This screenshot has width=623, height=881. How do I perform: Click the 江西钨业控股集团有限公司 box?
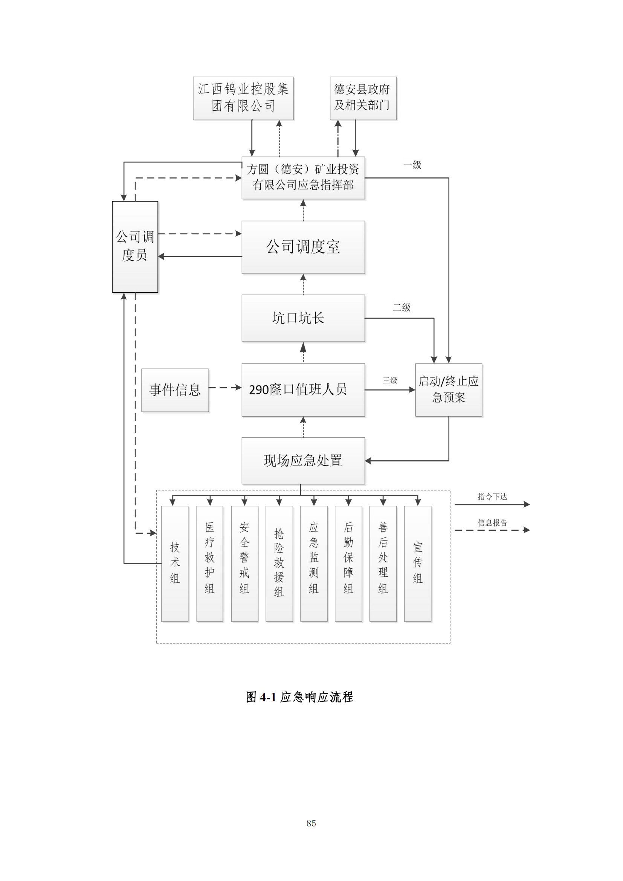(243, 98)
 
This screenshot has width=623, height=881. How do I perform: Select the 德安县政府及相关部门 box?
(363, 98)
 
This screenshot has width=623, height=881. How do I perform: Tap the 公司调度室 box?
(303, 247)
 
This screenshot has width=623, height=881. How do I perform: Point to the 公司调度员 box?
(135, 247)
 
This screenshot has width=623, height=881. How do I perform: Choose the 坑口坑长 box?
(303, 318)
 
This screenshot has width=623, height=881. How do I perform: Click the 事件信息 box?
(175, 390)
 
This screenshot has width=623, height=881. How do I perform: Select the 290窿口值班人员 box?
(303, 390)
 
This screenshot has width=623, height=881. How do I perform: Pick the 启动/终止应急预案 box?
(449, 390)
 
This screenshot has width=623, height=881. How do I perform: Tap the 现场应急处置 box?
(303, 460)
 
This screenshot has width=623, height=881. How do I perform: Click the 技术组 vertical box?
(174, 563)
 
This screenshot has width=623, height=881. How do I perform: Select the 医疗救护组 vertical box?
(209, 563)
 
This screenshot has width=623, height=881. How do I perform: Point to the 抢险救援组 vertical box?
(279, 563)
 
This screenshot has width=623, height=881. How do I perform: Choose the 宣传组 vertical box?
(417, 563)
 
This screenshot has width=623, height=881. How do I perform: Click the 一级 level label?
(412, 165)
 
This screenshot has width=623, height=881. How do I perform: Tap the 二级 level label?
(401, 307)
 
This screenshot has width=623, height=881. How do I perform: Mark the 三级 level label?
(390, 380)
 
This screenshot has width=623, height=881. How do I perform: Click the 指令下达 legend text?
(492, 497)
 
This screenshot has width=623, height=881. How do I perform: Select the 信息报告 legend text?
(492, 523)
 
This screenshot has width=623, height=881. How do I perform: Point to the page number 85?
(311, 823)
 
